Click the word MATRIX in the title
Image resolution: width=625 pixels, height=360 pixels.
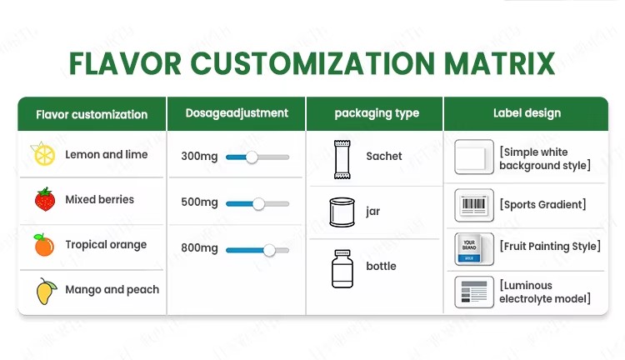click(499, 63)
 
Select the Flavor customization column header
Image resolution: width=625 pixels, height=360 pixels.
click(92, 115)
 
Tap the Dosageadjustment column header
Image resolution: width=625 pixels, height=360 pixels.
click(237, 113)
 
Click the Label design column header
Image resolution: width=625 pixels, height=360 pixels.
click(527, 113)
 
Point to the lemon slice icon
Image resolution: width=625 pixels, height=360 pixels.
click(43, 153)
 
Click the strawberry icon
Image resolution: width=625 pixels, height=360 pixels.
click(45, 199)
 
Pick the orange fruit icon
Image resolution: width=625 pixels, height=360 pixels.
click(44, 245)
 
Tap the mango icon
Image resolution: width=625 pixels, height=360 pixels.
click(46, 291)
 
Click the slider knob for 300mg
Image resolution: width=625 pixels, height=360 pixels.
click(252, 157)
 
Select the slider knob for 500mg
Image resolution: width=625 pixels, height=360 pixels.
click(258, 203)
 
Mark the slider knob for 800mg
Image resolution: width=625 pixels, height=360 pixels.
click(269, 250)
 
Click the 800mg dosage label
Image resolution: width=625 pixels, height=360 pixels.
click(199, 248)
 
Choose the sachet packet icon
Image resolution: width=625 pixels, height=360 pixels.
click(342, 159)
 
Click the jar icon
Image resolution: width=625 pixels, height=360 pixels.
click(342, 212)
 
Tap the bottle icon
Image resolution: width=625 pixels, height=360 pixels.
click(342, 268)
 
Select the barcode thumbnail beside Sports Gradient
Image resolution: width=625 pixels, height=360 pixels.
click(474, 205)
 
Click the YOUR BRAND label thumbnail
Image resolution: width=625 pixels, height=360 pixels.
click(474, 249)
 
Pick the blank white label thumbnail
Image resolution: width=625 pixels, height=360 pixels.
click(474, 157)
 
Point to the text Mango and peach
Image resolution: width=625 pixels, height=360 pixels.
click(112, 290)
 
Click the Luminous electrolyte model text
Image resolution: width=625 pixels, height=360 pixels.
click(545, 292)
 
